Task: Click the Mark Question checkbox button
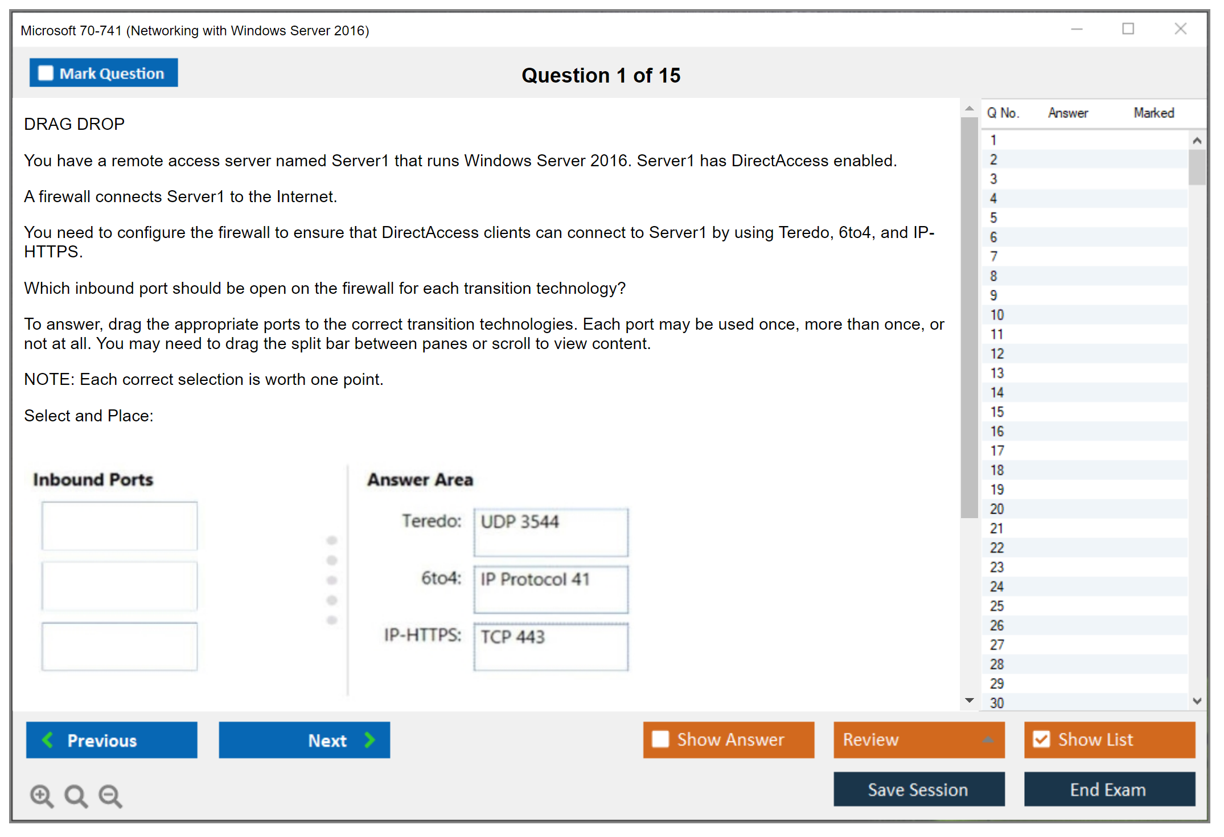coord(104,73)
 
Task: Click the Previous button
coord(112,740)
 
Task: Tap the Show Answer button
coord(729,740)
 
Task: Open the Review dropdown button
coord(919,740)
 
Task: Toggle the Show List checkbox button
coord(1110,740)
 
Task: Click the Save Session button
coord(919,789)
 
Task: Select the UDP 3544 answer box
coord(551,532)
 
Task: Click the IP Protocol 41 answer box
coord(551,589)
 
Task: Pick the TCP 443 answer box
coord(551,647)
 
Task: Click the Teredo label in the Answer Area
coord(432,521)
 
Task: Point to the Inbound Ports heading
coord(93,479)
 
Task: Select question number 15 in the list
coord(997,412)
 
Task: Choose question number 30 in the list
coord(997,703)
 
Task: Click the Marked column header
coord(1154,113)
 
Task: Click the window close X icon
coord(1181,28)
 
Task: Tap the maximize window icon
coord(1128,28)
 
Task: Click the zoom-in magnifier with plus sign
coord(42,796)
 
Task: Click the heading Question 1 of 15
coord(601,75)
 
